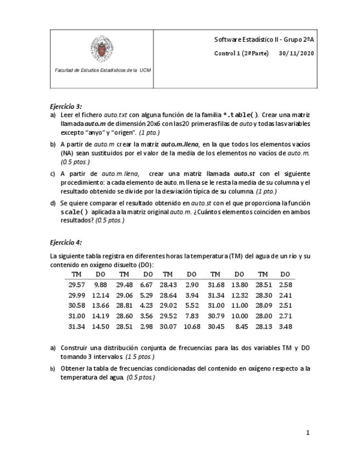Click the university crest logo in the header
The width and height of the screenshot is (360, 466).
[102, 49]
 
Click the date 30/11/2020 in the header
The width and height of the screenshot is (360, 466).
[296, 53]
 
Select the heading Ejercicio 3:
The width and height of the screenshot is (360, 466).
[66, 106]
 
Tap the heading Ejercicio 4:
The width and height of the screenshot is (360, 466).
[66, 242]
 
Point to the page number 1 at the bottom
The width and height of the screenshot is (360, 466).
[308, 433]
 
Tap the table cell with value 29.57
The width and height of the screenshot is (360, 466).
[76, 285]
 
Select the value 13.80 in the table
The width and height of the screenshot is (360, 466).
[239, 285]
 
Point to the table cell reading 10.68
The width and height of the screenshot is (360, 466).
[191, 326]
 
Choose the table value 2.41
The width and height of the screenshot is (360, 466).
[285, 295]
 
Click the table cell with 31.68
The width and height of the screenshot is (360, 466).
[216, 285]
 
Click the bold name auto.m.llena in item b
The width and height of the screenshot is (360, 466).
[172, 144]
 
